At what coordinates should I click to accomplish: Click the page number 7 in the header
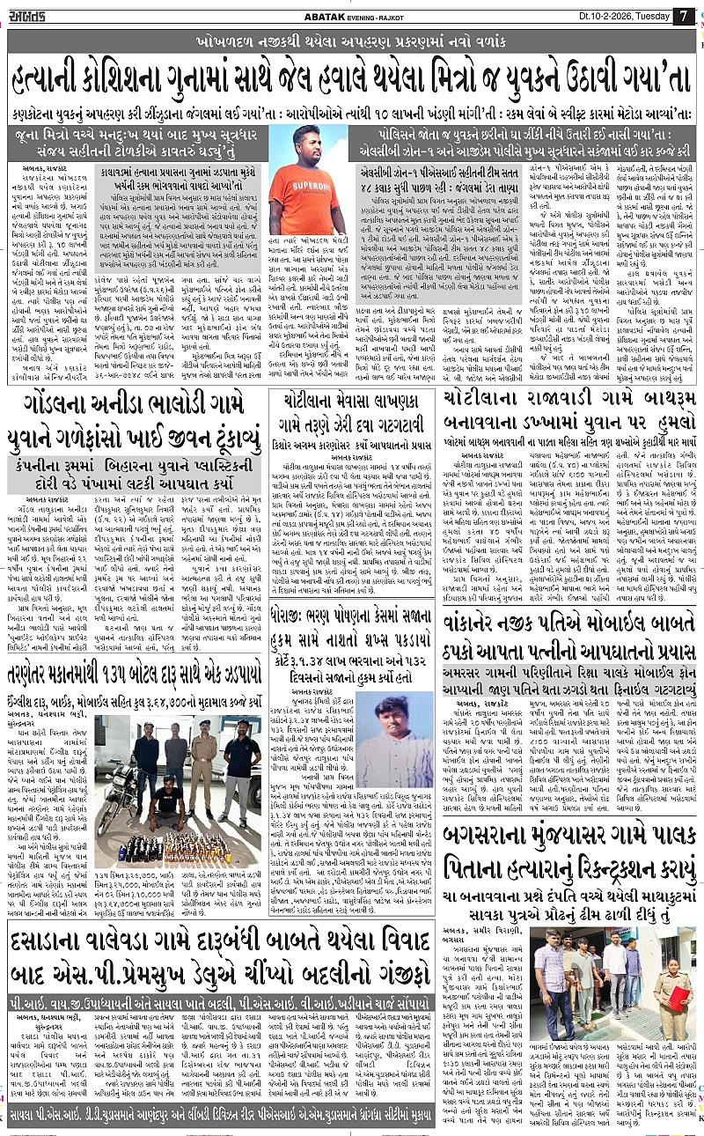682,15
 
